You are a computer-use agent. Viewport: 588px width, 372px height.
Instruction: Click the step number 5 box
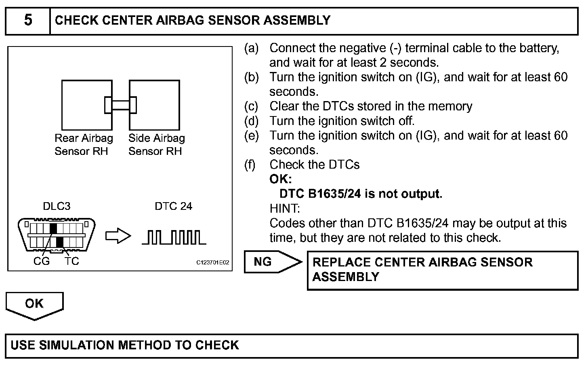27,21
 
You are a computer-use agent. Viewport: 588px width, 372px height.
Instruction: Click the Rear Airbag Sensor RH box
83,105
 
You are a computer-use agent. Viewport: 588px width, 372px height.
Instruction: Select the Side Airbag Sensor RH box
157,105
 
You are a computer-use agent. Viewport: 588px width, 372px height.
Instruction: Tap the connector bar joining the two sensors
120,105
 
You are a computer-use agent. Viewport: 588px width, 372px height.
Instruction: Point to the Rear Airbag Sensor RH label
84,145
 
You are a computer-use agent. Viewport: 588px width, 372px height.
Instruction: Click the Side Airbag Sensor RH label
157,145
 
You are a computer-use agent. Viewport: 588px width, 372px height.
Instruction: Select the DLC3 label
57,207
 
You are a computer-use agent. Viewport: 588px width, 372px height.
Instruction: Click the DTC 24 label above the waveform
173,207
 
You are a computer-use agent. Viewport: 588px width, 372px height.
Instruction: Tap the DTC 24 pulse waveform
174,237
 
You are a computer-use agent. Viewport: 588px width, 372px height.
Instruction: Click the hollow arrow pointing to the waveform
118,237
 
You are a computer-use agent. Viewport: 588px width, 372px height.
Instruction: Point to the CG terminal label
41,262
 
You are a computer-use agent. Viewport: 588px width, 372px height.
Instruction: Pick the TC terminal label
71,262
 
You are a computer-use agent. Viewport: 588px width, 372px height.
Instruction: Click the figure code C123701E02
213,263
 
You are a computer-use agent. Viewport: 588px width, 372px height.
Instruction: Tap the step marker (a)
251,48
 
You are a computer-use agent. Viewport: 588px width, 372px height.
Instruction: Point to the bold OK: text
281,179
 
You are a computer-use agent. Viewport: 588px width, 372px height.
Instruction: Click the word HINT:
285,209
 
